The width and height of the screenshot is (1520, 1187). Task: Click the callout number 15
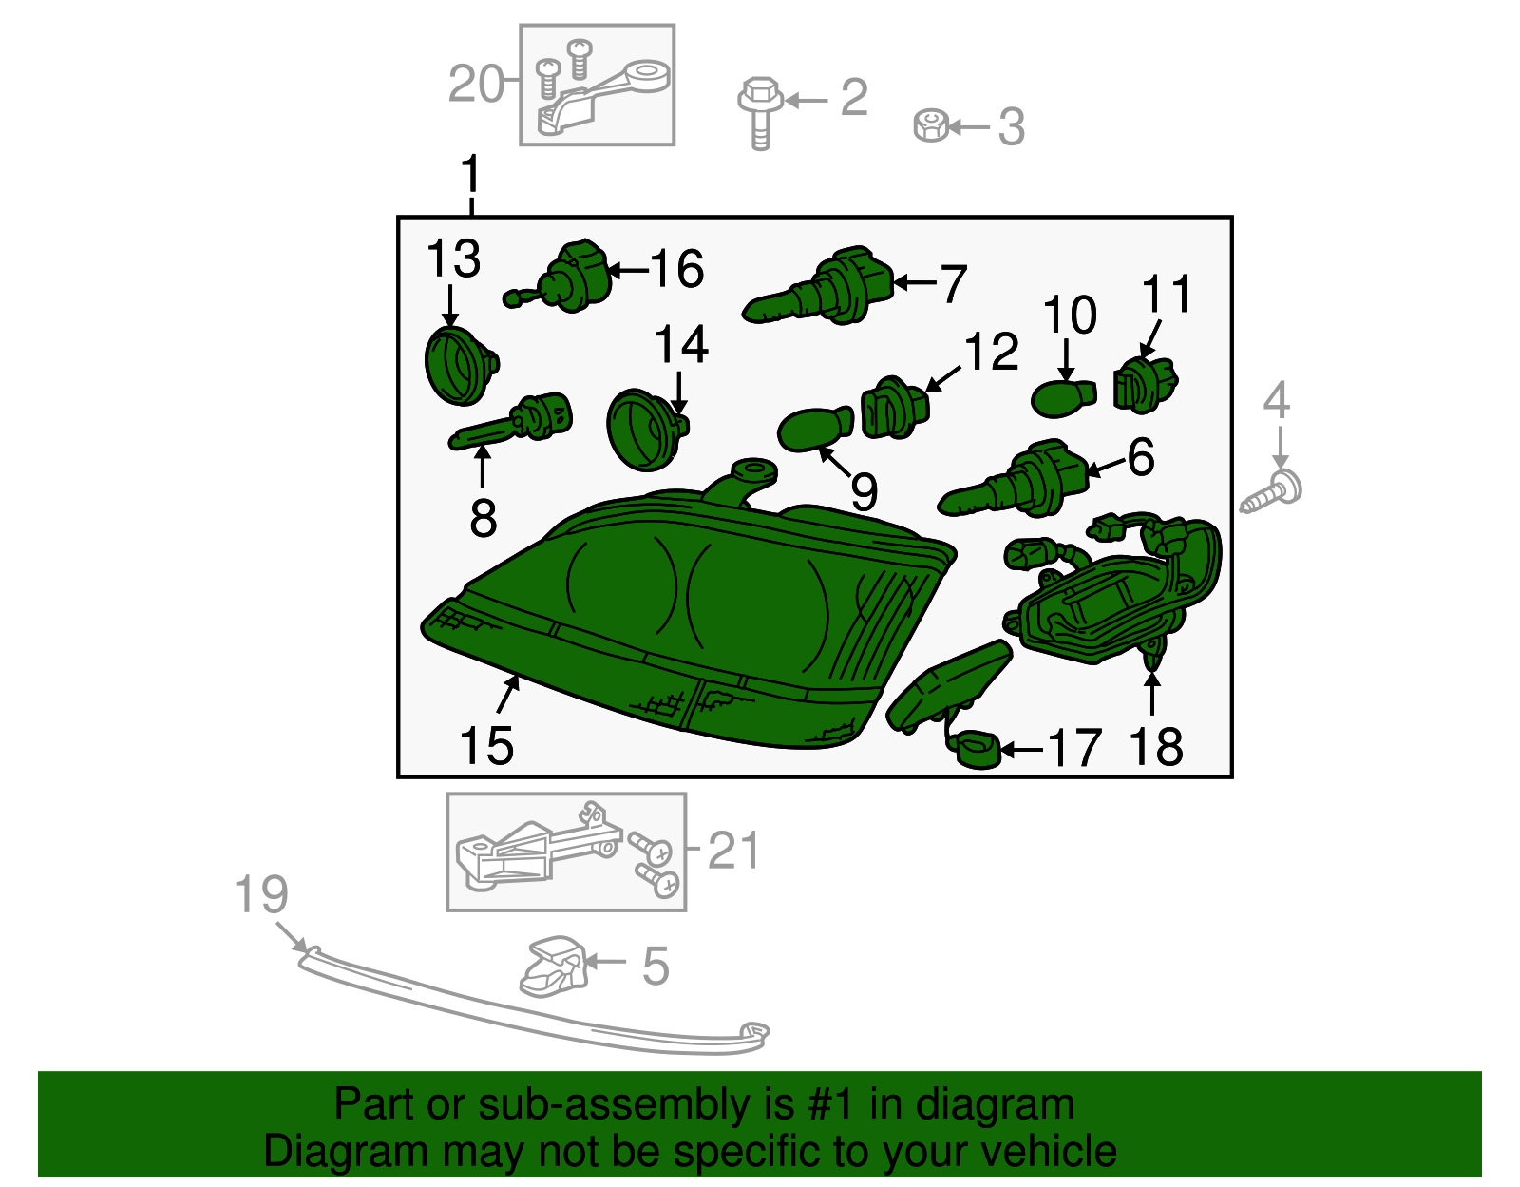[485, 746]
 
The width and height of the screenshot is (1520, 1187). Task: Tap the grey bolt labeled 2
[760, 110]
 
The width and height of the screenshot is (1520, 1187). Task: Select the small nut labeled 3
[931, 125]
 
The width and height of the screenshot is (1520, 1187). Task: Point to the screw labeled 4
[1273, 491]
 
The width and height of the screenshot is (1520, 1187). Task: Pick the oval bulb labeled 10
[1062, 395]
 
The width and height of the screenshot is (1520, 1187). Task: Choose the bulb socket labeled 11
[1145, 384]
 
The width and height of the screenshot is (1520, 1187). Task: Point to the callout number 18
[1156, 747]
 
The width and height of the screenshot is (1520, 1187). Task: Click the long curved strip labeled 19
[532, 1007]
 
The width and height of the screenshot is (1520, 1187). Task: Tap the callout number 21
[734, 851]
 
